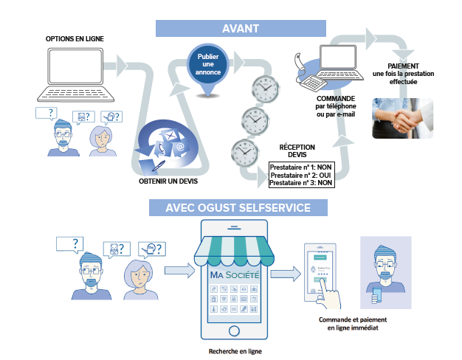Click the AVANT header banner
pos(241,28)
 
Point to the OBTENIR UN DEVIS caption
pos(168,181)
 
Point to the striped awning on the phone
pos(235,251)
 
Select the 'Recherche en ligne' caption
pos(235,350)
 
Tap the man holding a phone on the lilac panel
pos(385,269)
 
